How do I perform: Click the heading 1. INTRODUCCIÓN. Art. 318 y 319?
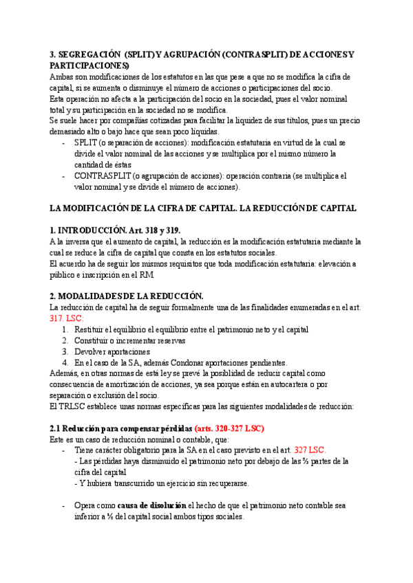pos(116,230)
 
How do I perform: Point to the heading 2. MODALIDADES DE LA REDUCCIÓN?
pos(127,296)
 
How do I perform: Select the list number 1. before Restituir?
pos(65,329)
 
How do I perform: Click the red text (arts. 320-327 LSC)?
pos(229,428)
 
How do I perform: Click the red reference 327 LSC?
pos(309,450)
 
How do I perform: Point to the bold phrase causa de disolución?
pos(151,505)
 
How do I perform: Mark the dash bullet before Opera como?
pos(64,505)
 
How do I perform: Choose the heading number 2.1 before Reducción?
pos(56,428)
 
